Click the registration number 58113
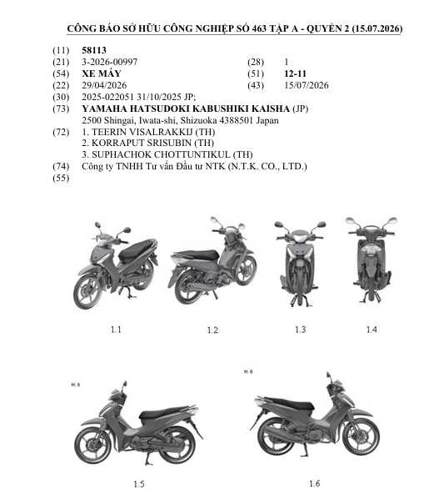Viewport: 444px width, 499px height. tap(94, 50)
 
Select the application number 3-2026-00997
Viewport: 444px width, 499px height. tap(110, 62)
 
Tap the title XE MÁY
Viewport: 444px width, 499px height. tap(102, 73)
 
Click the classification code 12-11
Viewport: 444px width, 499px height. tap(296, 73)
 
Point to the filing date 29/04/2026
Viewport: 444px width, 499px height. tap(104, 85)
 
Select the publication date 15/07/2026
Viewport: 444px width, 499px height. tap(307, 85)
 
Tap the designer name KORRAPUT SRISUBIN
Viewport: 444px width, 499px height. tap(142, 143)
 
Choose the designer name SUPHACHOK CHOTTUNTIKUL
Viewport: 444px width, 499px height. tap(161, 154)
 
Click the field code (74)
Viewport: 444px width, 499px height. tap(61, 166)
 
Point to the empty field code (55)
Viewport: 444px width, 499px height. tap(61, 178)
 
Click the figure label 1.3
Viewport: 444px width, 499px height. tap(301, 330)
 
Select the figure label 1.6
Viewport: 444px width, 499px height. tap(314, 483)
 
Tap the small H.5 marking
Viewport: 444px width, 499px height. tap(76, 385)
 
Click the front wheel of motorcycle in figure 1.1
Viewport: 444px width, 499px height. tap(87, 291)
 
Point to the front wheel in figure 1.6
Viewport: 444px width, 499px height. tap(361, 436)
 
